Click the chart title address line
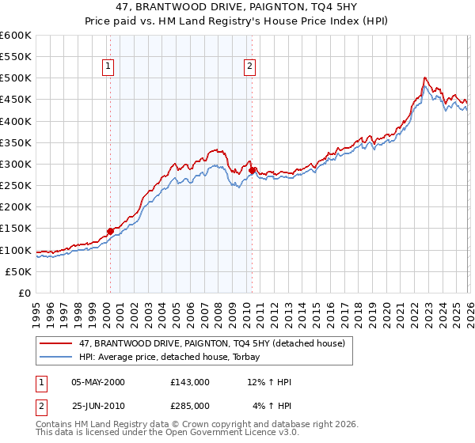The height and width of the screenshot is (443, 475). tap(237, 7)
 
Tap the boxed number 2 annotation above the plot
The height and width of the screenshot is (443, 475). tap(249, 67)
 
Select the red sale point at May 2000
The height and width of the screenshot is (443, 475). tap(110, 231)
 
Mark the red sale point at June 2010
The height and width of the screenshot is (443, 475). tap(252, 170)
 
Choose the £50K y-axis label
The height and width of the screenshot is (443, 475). tap(19, 271)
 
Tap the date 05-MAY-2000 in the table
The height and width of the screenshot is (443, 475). tap(98, 382)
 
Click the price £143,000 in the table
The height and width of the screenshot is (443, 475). tap(189, 382)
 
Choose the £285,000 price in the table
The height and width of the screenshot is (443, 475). tap(189, 406)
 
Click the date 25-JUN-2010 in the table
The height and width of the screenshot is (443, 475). tap(98, 406)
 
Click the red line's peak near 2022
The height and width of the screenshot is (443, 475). tap(425, 78)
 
